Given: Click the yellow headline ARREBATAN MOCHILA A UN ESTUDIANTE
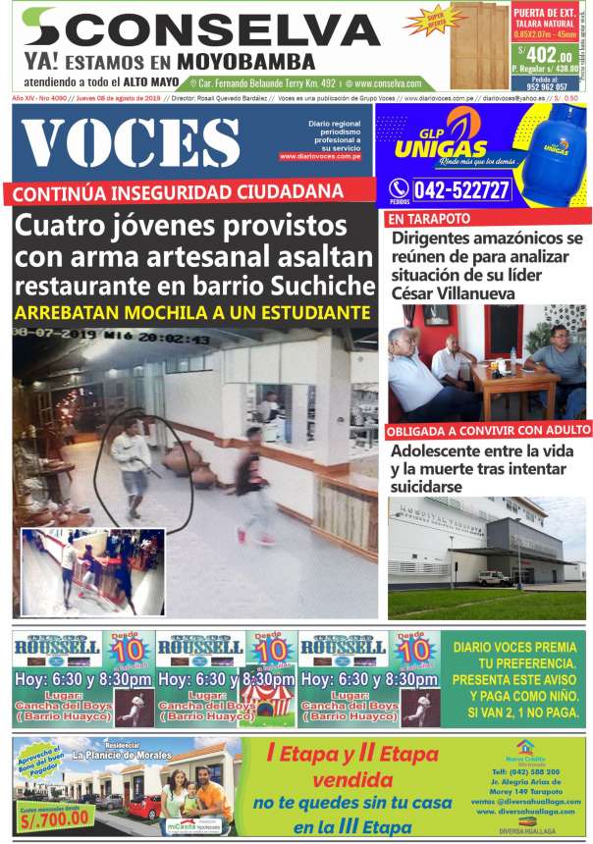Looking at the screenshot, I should (192, 313).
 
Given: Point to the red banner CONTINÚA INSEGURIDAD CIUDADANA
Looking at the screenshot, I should (177, 191).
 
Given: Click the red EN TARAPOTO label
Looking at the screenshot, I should (429, 218).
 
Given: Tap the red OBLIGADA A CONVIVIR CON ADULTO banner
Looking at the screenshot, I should (488, 430).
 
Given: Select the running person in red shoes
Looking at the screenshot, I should (255, 486).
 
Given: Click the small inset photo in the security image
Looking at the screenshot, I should (93, 572).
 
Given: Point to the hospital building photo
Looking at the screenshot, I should (488, 556).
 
